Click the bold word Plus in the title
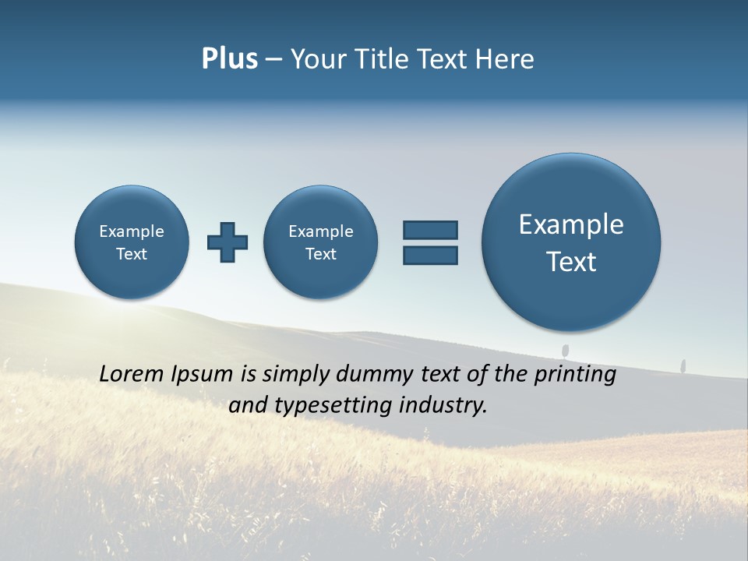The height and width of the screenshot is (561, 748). tap(229, 59)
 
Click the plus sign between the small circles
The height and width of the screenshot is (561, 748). tap(228, 242)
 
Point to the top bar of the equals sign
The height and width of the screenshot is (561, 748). tap(430, 230)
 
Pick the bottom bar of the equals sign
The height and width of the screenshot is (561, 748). tap(430, 255)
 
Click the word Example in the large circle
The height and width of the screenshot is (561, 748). tap(571, 224)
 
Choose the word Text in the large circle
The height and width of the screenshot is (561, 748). tap(571, 262)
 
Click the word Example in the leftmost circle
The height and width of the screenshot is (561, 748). tap(132, 231)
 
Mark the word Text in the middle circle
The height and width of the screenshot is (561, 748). tap(321, 254)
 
